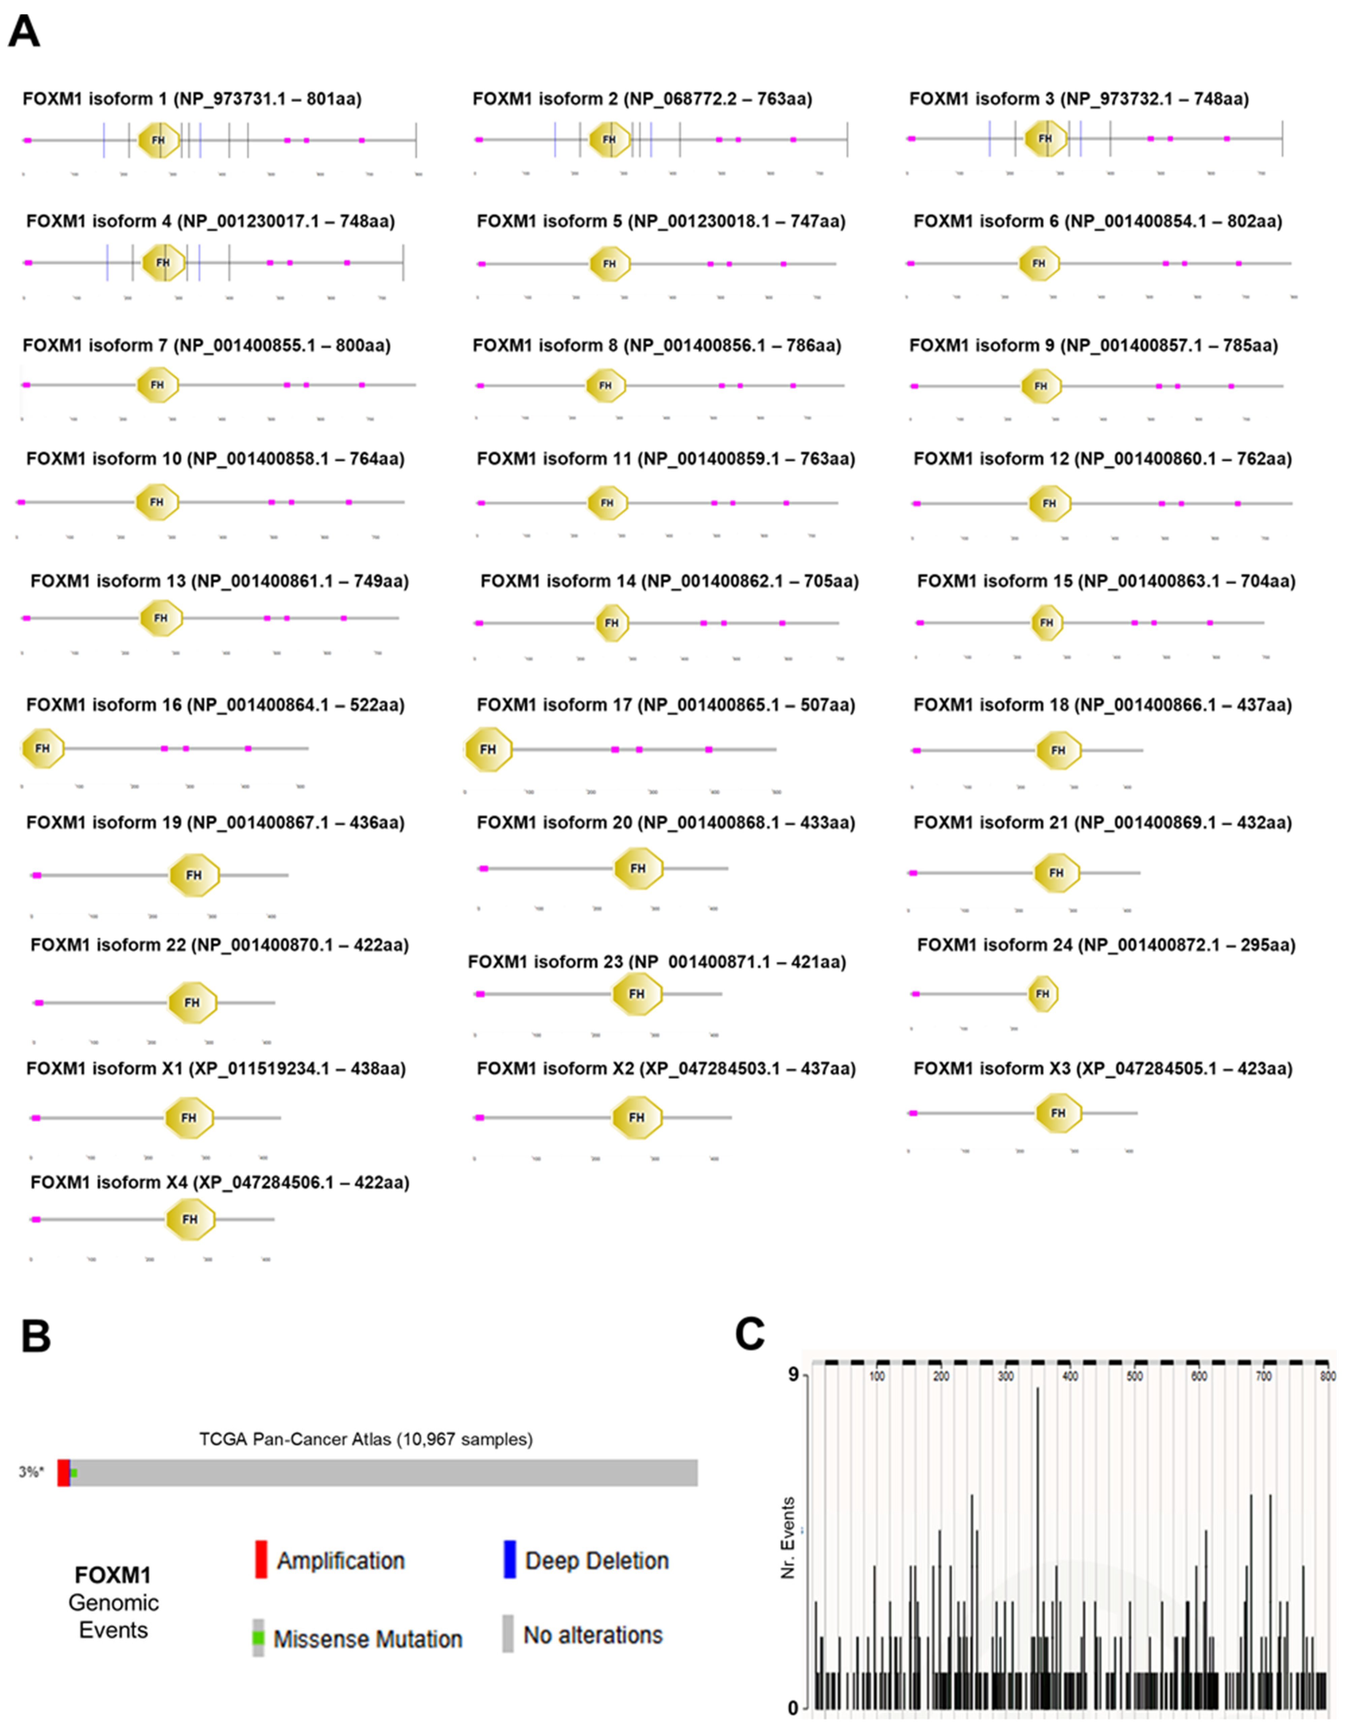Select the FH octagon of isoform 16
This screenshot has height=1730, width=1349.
[x=43, y=748]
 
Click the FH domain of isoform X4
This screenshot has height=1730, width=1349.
[x=190, y=1219]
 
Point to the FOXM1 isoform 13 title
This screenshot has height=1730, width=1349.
[x=220, y=581]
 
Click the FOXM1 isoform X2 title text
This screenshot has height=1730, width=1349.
[x=665, y=1068]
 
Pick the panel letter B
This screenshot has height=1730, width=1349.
[x=36, y=1336]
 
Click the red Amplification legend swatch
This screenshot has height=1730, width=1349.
[x=261, y=1559]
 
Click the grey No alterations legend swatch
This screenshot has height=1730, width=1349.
[x=508, y=1634]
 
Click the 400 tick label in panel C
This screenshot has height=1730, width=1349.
[x=1070, y=1376]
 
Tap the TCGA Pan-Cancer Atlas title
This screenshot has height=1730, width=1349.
[x=365, y=1439]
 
